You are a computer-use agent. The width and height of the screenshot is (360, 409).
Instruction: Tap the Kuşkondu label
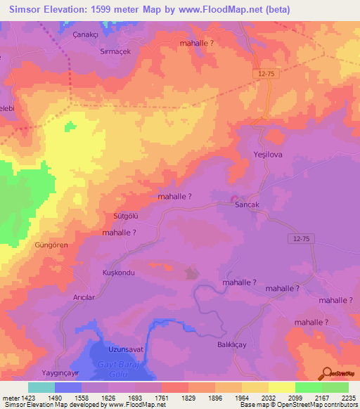(118, 272)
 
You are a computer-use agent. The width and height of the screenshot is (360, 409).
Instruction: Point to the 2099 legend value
(295, 397)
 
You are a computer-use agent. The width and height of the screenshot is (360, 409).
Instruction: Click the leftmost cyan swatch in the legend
(41, 387)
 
